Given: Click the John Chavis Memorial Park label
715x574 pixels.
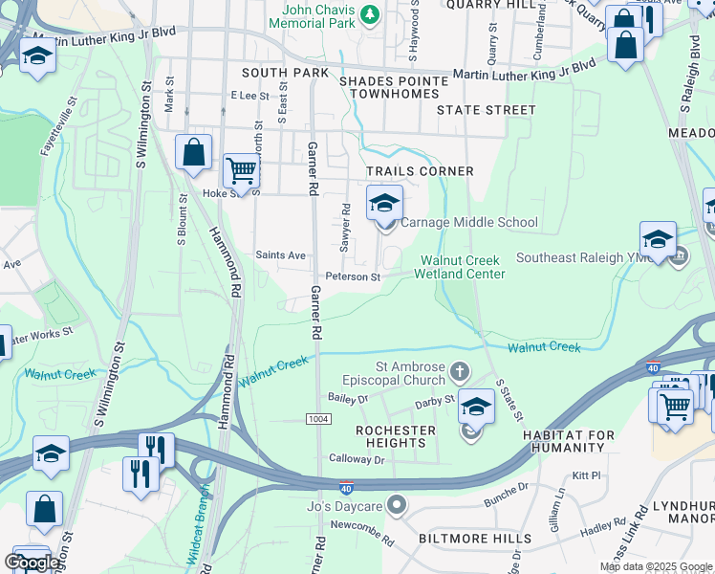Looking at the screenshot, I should click(318, 16).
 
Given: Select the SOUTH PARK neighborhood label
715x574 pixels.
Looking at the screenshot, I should click(285, 73).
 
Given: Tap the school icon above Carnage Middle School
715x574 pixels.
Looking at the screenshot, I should click(384, 203).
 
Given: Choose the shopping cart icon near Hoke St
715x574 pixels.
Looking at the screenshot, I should click(241, 171).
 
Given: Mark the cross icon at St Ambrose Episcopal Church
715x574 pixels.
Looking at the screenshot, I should click(460, 370).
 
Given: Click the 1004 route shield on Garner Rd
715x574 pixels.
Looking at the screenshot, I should click(318, 420).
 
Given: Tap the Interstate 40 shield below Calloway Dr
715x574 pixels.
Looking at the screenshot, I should click(346, 488).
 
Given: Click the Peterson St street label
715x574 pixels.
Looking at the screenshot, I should click(353, 277).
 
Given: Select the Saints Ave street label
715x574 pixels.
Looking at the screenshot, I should click(280, 255).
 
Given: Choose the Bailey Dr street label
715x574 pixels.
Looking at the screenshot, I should click(347, 397).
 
